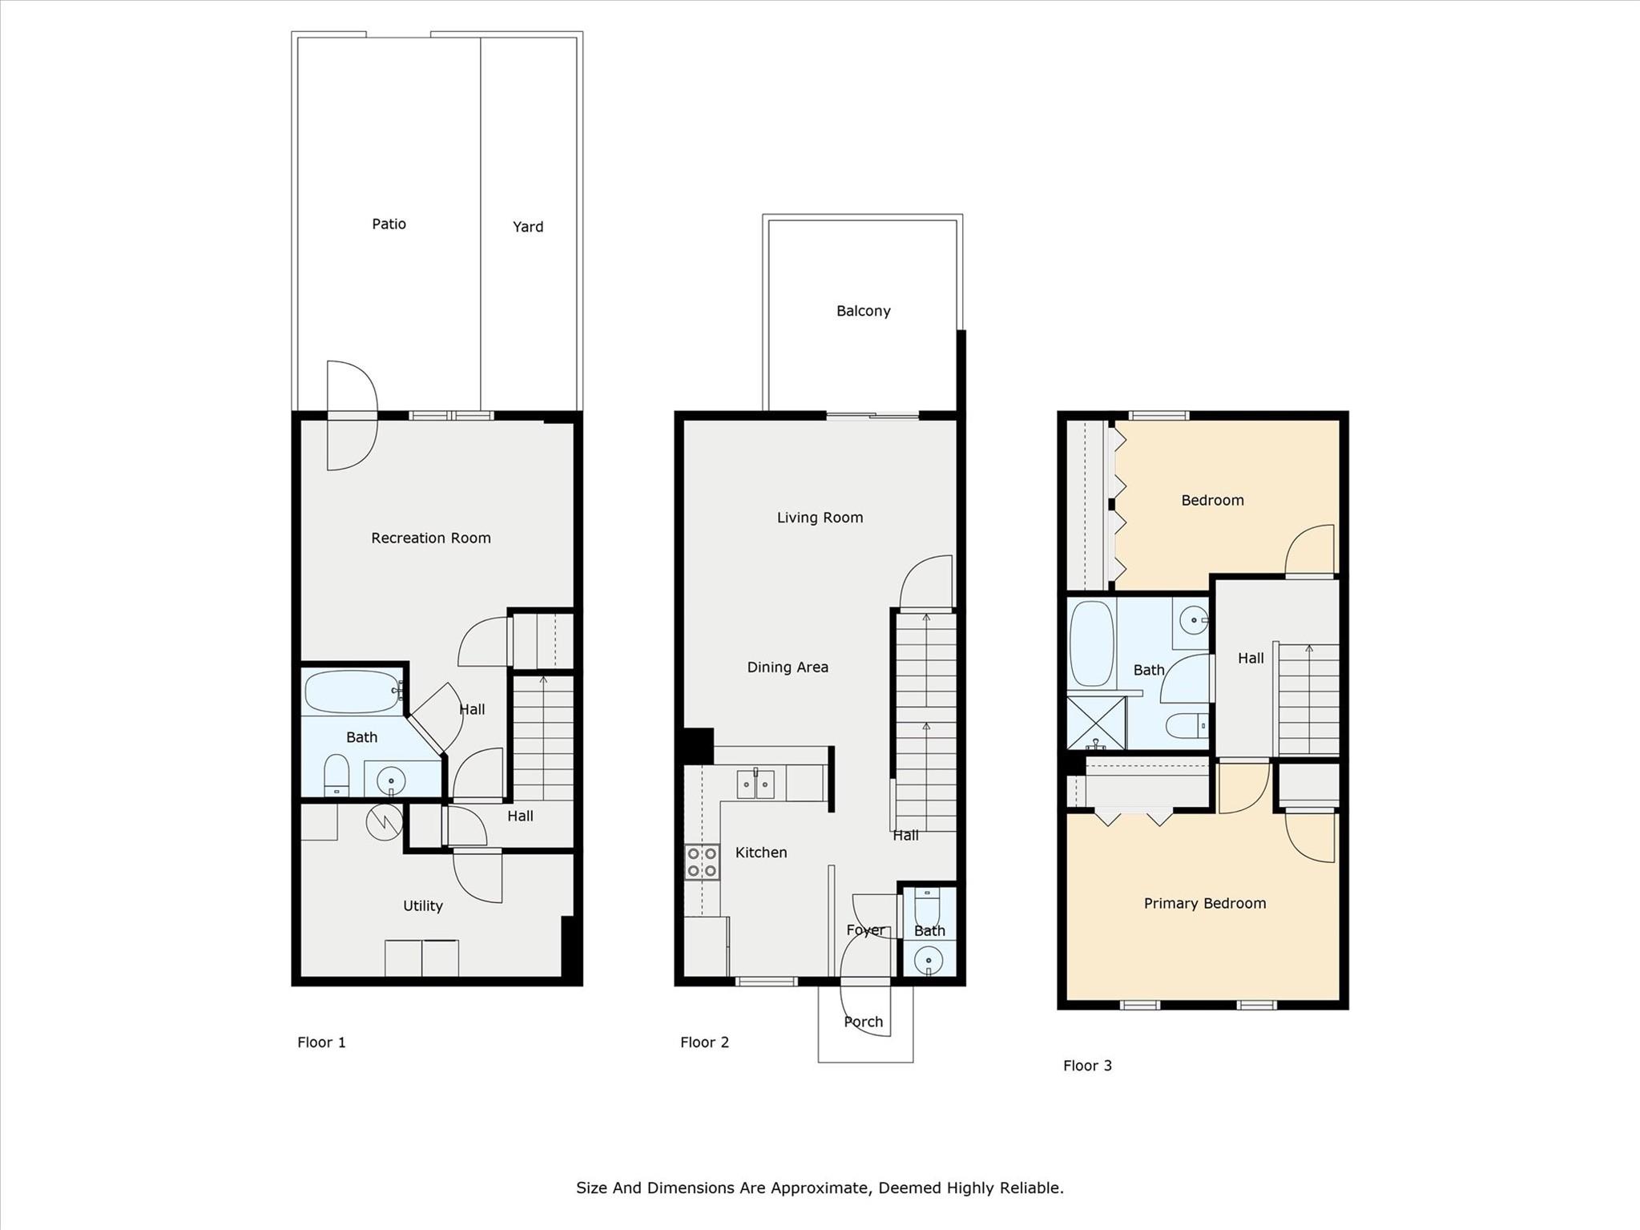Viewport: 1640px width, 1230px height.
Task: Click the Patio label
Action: coord(389,224)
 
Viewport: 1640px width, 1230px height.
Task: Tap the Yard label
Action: coord(528,227)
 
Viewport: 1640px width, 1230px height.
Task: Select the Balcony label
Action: coord(863,311)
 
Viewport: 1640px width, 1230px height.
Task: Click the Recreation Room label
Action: coord(430,538)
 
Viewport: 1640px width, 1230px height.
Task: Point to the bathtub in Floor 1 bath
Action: coord(352,692)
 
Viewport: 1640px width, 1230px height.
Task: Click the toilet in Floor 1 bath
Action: coord(336,774)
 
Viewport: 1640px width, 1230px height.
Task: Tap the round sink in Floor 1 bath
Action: coord(391,778)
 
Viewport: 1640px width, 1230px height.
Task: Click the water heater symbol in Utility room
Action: coord(385,821)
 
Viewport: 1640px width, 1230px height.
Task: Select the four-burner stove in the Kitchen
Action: coord(702,862)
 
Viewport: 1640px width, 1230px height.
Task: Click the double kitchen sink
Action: coord(756,784)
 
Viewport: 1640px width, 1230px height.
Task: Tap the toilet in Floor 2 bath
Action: coord(927,909)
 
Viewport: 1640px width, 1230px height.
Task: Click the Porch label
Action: coord(863,1022)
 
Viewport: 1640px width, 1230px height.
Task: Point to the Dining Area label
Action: coord(787,667)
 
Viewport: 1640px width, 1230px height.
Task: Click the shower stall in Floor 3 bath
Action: coord(1095,723)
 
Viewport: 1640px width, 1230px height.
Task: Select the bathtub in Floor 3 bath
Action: coord(1091,643)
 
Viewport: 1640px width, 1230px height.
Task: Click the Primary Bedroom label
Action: coord(1204,903)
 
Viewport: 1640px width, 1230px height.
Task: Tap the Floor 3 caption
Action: coord(1087,1065)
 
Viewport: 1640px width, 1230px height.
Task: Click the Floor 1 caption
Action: coord(321,1042)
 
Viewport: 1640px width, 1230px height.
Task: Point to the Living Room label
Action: coord(820,518)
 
